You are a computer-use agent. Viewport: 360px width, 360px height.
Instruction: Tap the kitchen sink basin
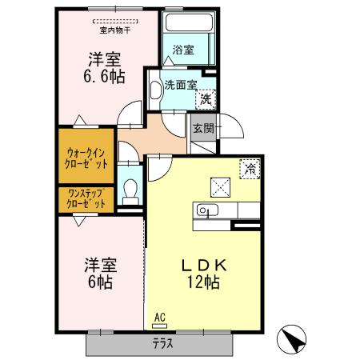tap(205, 211)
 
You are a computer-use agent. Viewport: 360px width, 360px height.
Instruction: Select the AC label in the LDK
tap(159, 318)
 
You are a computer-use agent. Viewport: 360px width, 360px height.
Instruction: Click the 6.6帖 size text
tap(103, 76)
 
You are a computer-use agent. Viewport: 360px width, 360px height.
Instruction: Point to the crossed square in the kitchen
tap(221, 186)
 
